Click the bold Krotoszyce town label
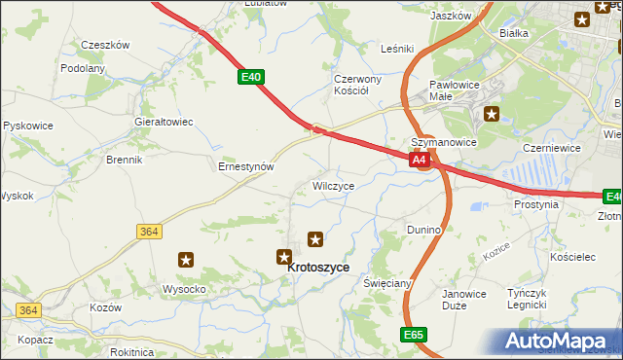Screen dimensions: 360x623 [318, 276]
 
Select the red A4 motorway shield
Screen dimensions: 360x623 [419, 160]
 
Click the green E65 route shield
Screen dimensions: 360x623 [414, 334]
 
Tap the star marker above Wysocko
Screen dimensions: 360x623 [186, 260]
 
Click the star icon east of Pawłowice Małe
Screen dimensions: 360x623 [492, 114]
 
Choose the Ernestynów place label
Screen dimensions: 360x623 [244, 166]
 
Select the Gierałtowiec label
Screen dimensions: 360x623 [164, 123]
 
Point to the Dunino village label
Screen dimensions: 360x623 [424, 230]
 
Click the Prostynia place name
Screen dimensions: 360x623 [536, 205]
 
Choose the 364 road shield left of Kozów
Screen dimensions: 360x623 [28, 309]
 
